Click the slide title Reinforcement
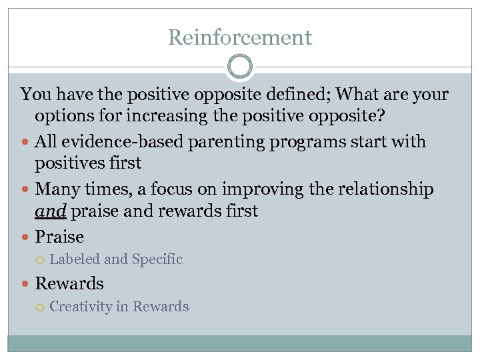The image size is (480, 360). pos(240,37)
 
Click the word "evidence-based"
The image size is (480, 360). pos(113,142)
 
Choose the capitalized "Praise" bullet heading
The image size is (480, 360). pos(59,237)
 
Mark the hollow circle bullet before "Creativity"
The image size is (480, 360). pos(41,307)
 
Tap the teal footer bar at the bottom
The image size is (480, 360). pos(240,343)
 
